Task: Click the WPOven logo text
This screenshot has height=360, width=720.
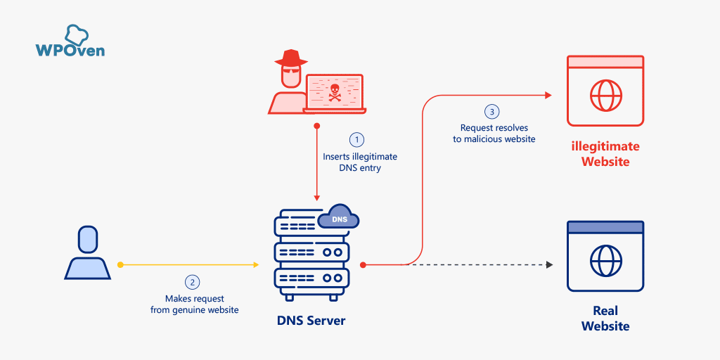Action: (70, 50)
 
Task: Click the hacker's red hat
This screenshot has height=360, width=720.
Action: (286, 58)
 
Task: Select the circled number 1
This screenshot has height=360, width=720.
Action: (359, 139)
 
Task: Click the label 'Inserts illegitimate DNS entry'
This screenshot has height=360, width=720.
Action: (359, 162)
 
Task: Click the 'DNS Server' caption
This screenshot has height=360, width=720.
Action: (311, 321)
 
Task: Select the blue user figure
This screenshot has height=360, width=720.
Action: (87, 252)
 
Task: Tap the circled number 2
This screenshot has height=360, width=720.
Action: (192, 282)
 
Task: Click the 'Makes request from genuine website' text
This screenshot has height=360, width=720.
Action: (194, 304)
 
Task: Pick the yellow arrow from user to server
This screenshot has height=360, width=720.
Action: (190, 265)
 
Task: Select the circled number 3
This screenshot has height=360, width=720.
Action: (492, 111)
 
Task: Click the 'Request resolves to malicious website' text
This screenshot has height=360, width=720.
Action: (494, 134)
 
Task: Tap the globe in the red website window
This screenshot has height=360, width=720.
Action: (605, 94)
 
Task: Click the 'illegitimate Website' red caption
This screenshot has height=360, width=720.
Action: (605, 154)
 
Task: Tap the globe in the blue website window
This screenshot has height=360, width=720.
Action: (605, 260)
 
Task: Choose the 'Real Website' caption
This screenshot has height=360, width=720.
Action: (605, 319)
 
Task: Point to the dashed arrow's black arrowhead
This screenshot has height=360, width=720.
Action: (549, 264)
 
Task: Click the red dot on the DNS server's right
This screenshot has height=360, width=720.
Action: (363, 265)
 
